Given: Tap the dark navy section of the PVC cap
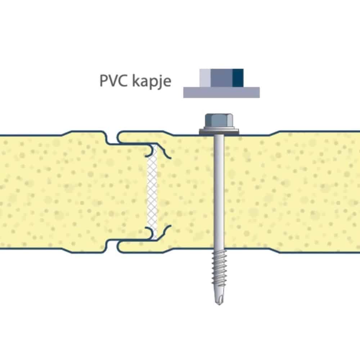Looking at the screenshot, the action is coord(238,78).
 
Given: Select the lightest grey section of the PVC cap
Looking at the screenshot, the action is coord(205,78).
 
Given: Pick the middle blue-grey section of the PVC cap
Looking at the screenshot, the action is coord(221,78).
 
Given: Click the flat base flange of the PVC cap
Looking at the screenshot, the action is coord(221,93).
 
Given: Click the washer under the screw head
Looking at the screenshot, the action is coord(219,131).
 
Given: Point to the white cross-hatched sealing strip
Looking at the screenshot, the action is coord(152,192).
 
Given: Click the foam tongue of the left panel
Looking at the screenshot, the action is coord(129,192).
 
